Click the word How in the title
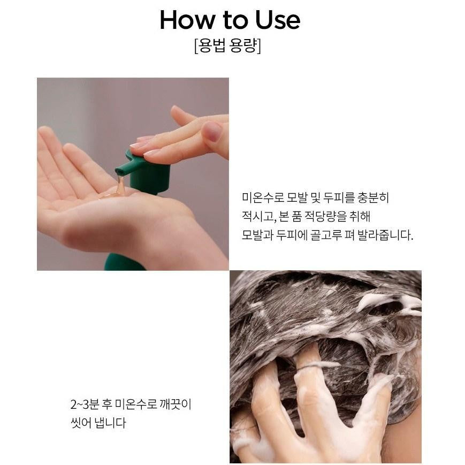tap(187, 20)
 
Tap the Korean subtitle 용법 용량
tap(228, 45)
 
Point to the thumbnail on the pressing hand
tap(214, 131)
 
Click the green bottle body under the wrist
tap(124, 262)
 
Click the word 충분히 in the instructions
tap(373, 197)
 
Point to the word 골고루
tap(326, 235)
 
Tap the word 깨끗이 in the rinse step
tap(176, 404)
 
